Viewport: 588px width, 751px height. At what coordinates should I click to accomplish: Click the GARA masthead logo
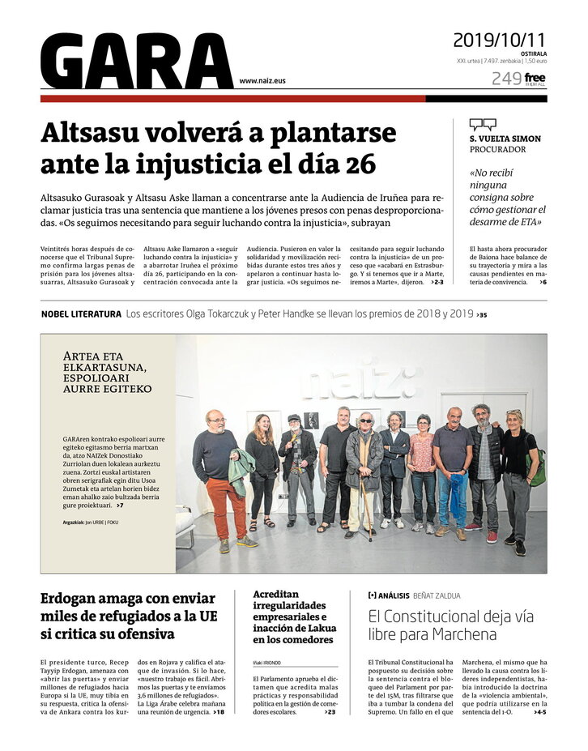136,62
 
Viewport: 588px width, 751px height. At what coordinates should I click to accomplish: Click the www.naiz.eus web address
262,81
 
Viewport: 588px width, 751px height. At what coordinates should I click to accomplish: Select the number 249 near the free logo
505,79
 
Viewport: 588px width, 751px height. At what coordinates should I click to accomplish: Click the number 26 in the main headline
360,164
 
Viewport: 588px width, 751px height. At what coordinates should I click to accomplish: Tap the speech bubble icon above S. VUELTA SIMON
483,124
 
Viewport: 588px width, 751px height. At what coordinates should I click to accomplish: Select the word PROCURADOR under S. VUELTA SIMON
497,150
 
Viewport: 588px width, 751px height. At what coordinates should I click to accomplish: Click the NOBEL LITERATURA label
81,314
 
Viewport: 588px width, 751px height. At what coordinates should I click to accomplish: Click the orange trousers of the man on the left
226,507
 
